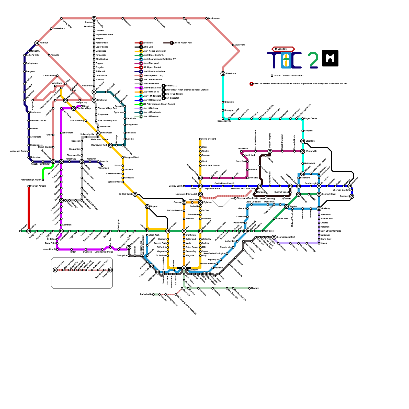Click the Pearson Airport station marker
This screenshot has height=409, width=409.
point(29,186)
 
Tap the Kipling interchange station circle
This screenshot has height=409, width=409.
point(29,231)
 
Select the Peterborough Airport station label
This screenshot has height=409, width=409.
point(31,180)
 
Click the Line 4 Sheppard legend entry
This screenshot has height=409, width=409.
point(151,63)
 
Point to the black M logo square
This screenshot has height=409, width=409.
point(330,58)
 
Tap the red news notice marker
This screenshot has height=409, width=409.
point(252,84)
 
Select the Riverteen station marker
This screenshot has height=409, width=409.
point(223,74)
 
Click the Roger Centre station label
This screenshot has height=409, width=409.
point(311,119)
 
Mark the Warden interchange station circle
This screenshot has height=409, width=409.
point(286,207)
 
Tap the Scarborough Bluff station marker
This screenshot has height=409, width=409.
point(274,237)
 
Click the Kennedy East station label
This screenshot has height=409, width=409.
point(328,194)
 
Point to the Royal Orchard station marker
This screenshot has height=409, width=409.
point(200,139)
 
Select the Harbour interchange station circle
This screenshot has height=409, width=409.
point(37,43)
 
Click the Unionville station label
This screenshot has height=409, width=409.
point(229,102)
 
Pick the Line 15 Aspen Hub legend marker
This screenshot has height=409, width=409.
point(172,43)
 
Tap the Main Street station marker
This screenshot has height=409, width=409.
point(262,231)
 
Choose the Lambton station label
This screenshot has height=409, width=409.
point(67,225)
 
